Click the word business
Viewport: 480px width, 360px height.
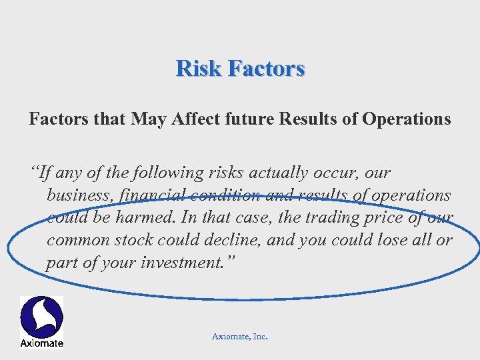click(75, 195)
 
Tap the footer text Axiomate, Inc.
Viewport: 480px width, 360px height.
click(239, 337)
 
